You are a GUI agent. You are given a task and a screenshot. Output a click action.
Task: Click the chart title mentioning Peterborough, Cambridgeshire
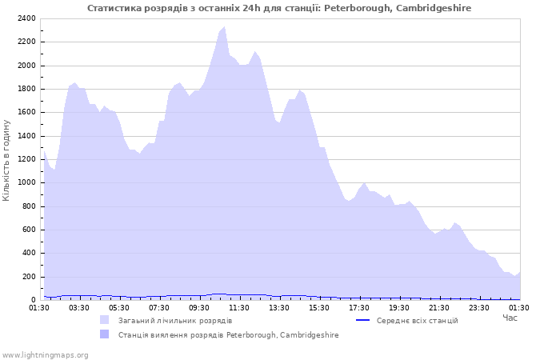pyautogui.click(x=279, y=8)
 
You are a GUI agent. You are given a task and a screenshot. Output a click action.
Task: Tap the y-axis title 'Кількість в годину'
pyautogui.click(x=7, y=160)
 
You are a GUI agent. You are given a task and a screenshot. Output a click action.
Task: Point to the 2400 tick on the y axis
pyautogui.click(x=26, y=18)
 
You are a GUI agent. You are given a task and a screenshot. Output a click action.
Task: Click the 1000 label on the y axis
pyautogui.click(x=26, y=182)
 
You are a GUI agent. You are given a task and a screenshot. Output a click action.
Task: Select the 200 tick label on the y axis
pyautogui.click(x=29, y=277)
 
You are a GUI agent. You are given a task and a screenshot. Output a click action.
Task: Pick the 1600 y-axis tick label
pyautogui.click(x=26, y=112)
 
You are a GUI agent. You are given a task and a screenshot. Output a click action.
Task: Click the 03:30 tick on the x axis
pyautogui.click(x=79, y=307)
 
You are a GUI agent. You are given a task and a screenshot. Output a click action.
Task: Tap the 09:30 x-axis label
pyautogui.click(x=199, y=307)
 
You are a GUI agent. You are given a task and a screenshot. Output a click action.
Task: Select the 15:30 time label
pyautogui.click(x=319, y=307)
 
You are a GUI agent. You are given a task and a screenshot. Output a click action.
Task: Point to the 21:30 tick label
pyautogui.click(x=439, y=307)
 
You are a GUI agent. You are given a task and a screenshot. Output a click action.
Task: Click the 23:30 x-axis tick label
pyautogui.click(x=479, y=307)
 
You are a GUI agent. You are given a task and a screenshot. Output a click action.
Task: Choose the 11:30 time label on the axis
pyautogui.click(x=239, y=307)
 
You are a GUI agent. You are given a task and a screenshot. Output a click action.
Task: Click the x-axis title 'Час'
pyautogui.click(x=510, y=318)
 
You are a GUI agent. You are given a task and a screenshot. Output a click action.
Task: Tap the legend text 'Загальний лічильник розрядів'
pyautogui.click(x=175, y=321)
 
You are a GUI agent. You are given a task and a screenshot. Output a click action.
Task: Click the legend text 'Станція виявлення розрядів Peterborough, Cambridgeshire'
pyautogui.click(x=229, y=335)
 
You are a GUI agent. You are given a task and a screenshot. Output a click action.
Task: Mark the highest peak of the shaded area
pyautogui.click(x=225, y=27)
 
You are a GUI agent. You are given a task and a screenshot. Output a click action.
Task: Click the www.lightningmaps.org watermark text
pyautogui.click(x=45, y=354)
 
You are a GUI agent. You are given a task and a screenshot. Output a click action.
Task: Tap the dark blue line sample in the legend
pyautogui.click(x=362, y=321)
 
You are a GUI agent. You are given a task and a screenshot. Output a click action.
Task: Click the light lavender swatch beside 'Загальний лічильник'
pyautogui.click(x=105, y=321)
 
